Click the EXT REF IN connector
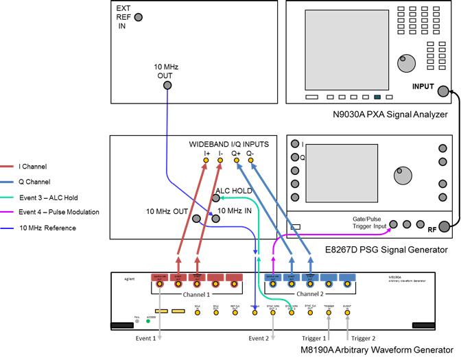point(139,17)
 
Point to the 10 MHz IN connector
point(215,219)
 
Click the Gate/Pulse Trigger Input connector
point(394,224)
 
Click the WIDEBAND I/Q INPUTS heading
point(228,145)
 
